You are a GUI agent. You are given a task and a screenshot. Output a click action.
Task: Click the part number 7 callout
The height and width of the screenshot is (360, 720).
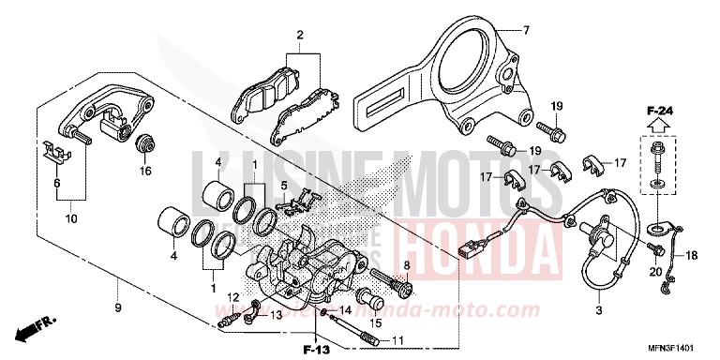[x=527, y=31]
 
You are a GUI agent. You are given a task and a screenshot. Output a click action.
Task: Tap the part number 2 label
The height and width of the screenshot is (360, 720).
[x=300, y=37]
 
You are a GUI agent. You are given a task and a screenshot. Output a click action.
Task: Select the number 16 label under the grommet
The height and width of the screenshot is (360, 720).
[x=145, y=172]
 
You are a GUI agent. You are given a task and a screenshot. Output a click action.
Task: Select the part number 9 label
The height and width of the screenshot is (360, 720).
[x=118, y=281]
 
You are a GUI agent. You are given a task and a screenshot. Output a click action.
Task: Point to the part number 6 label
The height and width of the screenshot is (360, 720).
[x=56, y=183]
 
